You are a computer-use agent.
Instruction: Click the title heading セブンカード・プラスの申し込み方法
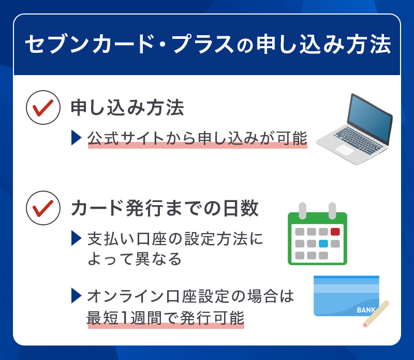tap(207, 45)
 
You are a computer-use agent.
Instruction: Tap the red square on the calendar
tap(335, 232)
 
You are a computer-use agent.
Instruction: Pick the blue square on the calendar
tap(323, 243)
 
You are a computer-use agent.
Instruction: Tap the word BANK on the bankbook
tap(366, 310)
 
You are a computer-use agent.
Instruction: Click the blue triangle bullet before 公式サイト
tap(76, 138)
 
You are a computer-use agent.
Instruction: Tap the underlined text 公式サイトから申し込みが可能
tap(197, 138)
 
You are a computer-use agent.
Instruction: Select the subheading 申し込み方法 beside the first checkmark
tap(127, 108)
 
